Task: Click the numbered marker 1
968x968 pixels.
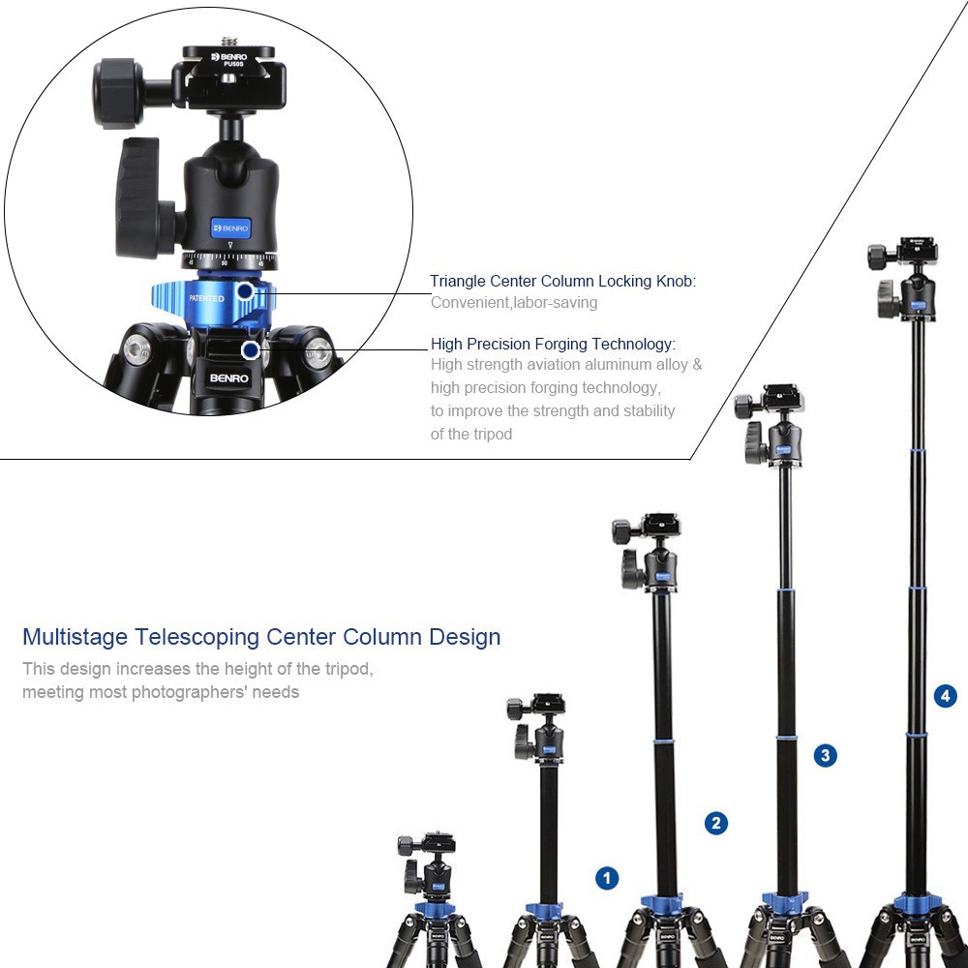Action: tap(607, 878)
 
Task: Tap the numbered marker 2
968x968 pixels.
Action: tap(715, 824)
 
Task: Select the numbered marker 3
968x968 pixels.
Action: tap(825, 755)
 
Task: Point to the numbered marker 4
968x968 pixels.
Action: tap(946, 695)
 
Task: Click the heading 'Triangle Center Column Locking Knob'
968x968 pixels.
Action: tap(562, 282)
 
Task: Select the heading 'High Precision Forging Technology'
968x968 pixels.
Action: tap(553, 344)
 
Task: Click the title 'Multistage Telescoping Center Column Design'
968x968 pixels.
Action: tap(261, 637)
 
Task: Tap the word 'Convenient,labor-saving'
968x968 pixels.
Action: tap(514, 303)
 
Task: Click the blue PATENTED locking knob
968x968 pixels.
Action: tap(208, 299)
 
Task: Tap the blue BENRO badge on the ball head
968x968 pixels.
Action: tap(230, 228)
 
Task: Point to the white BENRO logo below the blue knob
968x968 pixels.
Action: tap(226, 378)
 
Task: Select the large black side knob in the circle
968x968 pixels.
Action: tap(141, 198)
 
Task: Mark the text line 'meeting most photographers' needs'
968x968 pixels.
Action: tap(161, 692)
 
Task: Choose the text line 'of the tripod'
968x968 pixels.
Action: tap(471, 435)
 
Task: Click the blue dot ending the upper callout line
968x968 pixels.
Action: tap(246, 290)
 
